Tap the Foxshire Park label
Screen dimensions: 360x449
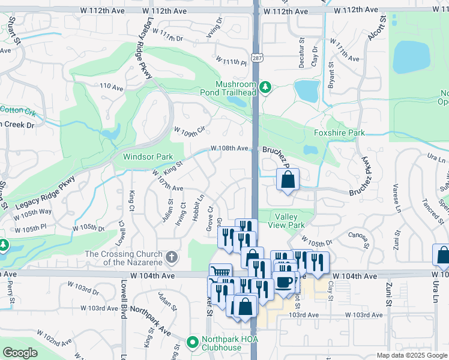click(x=339, y=132)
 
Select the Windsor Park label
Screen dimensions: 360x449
click(x=148, y=157)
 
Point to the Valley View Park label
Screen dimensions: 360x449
click(x=289, y=221)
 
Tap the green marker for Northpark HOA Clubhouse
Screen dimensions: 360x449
click(x=192, y=343)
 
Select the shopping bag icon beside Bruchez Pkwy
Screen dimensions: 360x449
click(x=288, y=179)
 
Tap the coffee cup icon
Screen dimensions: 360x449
click(x=285, y=281)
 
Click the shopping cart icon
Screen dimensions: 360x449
click(x=220, y=273)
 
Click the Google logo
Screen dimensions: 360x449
click(x=20, y=353)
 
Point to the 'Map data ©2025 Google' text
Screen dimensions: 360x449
click(x=411, y=355)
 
